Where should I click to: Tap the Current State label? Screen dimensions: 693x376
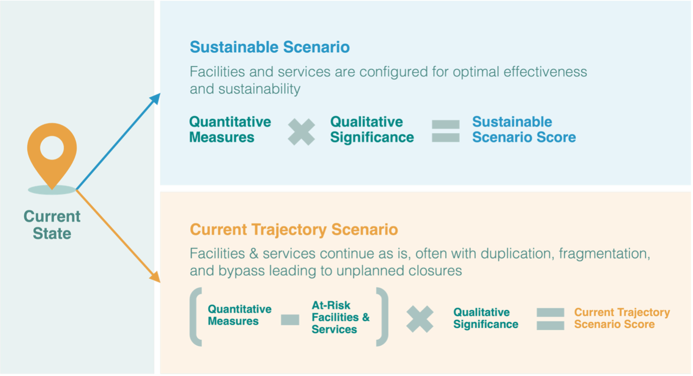click(x=52, y=225)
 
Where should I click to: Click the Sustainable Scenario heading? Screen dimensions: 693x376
click(x=270, y=47)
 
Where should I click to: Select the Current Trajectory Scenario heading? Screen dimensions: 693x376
click(x=294, y=230)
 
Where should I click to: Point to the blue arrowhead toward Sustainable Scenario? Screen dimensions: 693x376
click(x=156, y=99)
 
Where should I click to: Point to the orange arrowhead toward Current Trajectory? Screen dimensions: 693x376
click(x=155, y=276)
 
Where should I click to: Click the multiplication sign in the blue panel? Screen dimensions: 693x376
click(x=301, y=132)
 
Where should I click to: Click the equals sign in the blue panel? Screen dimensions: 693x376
click(x=446, y=131)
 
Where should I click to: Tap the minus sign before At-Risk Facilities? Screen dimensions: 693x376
click(x=290, y=320)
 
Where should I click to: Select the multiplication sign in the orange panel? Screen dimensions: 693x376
click(x=420, y=319)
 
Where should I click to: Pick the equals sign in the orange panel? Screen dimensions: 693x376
click(x=550, y=319)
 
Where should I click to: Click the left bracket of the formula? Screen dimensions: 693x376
click(x=195, y=316)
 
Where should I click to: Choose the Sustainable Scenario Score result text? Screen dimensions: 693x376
click(x=524, y=130)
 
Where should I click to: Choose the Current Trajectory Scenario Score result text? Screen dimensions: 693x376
click(x=622, y=318)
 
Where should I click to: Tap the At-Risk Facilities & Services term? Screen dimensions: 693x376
click(x=341, y=317)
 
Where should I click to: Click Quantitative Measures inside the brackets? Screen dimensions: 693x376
click(x=240, y=315)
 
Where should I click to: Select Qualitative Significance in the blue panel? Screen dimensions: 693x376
click(x=372, y=130)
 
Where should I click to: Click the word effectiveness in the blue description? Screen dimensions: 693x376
click(x=545, y=72)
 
